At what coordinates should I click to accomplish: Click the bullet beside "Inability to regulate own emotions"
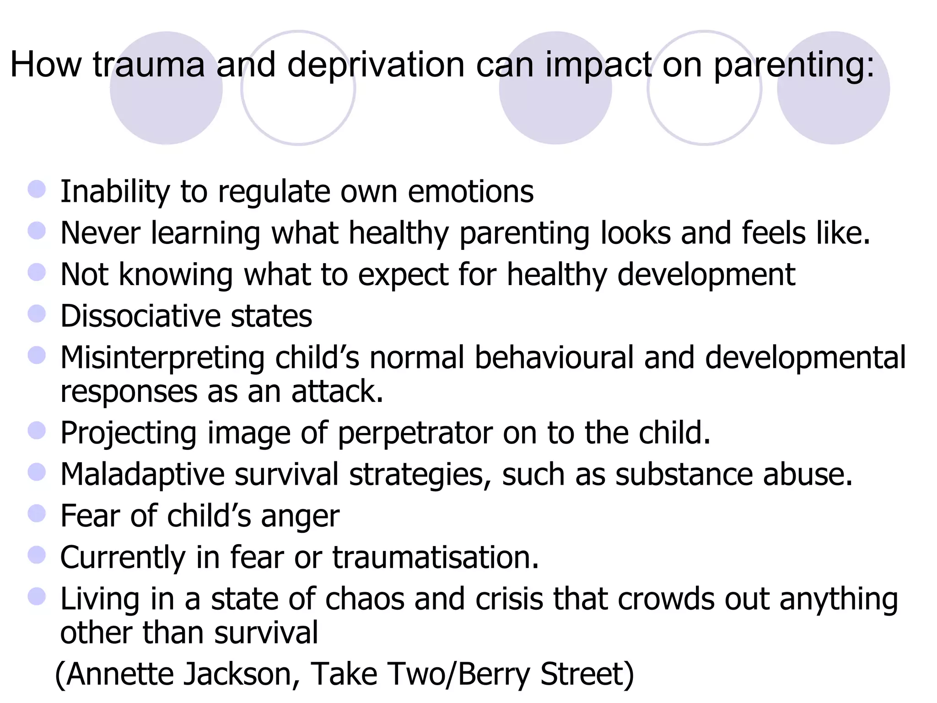37,189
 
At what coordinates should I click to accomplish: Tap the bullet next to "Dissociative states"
37,314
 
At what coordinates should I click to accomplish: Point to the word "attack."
337,392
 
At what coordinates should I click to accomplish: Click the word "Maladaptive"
142,474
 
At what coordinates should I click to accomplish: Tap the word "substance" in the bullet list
684,474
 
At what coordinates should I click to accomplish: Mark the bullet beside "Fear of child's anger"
37,514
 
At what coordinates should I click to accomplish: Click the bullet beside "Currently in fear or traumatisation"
37,555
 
